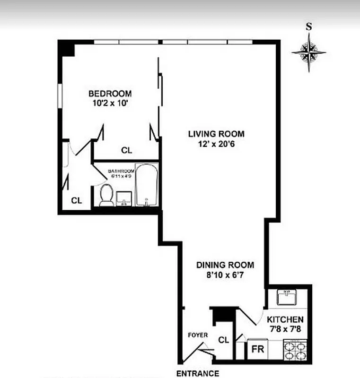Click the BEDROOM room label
coord(110,94)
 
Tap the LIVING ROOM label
coord(216,134)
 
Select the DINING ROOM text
coord(225,265)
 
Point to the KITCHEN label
coord(285,320)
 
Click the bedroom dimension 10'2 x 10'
coord(110,103)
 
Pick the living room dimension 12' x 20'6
coord(216,144)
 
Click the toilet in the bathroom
coord(106,195)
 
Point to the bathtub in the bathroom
coord(147,185)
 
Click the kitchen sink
coord(286,298)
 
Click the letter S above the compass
coord(309,27)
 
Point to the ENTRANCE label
coord(197,373)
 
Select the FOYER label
coord(198,335)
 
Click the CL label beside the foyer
coord(224,340)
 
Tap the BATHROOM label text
coord(119,171)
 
